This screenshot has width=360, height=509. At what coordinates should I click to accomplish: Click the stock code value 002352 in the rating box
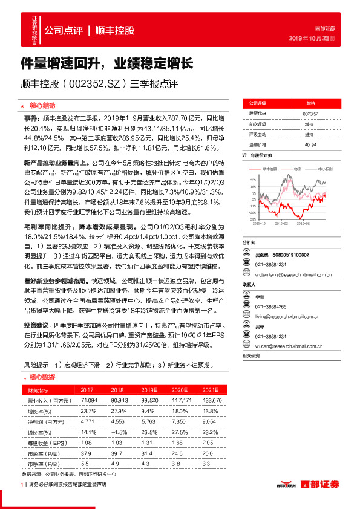(310, 113)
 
